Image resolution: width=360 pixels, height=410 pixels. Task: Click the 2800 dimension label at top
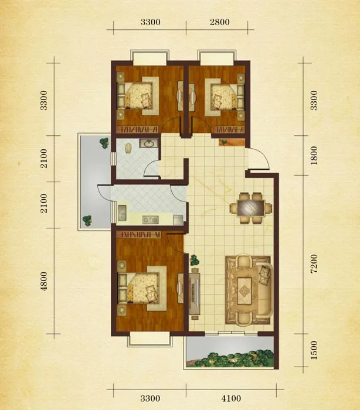[x=220, y=22]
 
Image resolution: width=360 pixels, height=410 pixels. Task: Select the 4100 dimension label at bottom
[x=231, y=398]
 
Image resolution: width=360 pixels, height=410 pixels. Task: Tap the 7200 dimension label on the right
[x=314, y=264]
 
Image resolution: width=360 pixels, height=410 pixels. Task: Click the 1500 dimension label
[x=314, y=350]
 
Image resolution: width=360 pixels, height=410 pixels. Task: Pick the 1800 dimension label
[x=314, y=155]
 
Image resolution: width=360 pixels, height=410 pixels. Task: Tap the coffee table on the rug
[x=244, y=291]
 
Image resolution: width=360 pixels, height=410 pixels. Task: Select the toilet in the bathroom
[x=128, y=148]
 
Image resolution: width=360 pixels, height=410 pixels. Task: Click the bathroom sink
[x=149, y=143]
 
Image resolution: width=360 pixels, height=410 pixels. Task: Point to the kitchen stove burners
[x=150, y=220]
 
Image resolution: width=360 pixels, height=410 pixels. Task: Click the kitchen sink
[x=122, y=213]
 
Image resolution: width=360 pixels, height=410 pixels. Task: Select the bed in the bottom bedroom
[x=142, y=288]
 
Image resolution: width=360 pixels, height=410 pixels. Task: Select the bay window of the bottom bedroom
[x=150, y=339]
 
